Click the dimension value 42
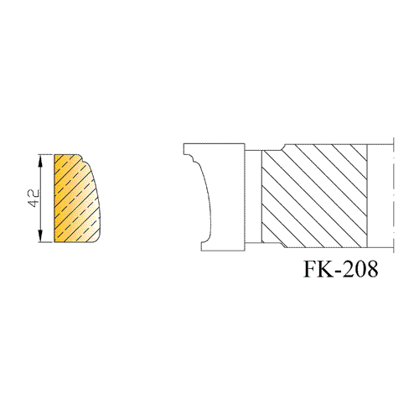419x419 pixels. pyautogui.click(x=34, y=199)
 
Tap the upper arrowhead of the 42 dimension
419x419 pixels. pyautogui.click(x=41, y=161)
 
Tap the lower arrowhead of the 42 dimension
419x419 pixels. pyautogui.click(x=41, y=235)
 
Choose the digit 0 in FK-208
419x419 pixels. pyautogui.click(x=361, y=269)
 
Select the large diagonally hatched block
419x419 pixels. pyautogui.click(x=314, y=196)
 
